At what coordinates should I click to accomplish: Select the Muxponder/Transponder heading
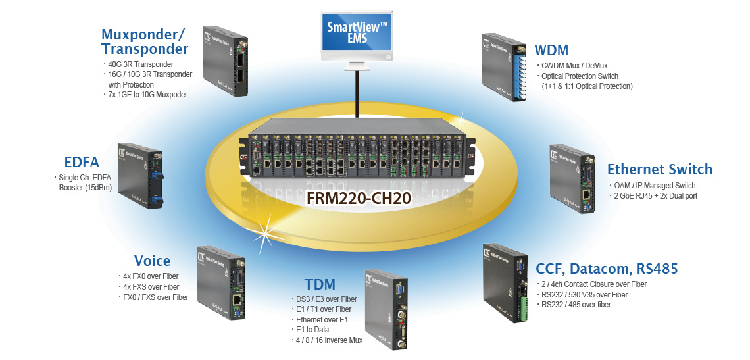(x=145, y=41)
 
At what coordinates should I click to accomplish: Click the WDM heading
(x=551, y=50)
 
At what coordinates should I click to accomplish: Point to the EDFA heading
(x=82, y=162)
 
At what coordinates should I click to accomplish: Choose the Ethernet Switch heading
(x=659, y=169)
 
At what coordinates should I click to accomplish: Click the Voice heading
(x=152, y=261)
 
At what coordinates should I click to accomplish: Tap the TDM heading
(x=320, y=284)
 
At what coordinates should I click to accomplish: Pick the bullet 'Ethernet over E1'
(x=322, y=319)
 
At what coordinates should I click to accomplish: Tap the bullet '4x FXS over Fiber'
(x=152, y=286)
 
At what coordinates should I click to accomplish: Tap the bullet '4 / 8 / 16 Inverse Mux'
(x=329, y=340)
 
